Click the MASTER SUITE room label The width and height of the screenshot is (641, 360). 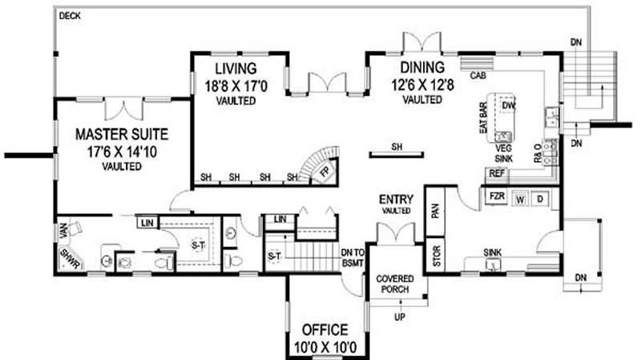tap(120, 132)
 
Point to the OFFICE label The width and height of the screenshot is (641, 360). tap(325, 330)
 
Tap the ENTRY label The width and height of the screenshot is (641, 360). tap(394, 199)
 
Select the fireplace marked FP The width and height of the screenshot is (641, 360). tap(325, 172)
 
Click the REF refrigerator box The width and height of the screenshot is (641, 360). tap(497, 174)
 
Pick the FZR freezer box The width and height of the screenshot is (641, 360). tap(494, 196)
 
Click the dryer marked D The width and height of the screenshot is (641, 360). tap(540, 198)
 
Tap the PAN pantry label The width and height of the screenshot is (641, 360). tap(436, 211)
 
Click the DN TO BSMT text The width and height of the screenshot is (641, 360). tap(353, 256)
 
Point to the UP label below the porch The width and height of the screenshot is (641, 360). tap(398, 318)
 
